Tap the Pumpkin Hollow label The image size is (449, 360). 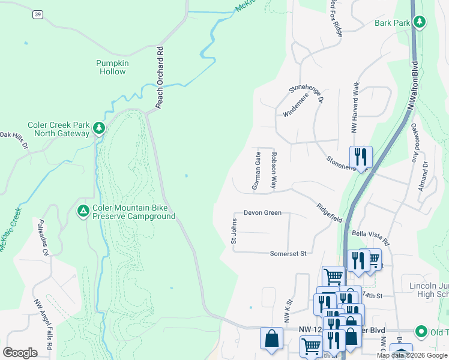111,67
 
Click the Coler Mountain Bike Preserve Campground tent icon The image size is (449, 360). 83,211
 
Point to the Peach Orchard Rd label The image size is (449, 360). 160,77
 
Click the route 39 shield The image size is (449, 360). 37,14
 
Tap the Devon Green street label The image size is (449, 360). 262,213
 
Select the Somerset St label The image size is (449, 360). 288,254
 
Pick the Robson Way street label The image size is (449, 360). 273,170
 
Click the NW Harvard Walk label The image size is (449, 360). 355,108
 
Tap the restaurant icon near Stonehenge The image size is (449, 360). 361,158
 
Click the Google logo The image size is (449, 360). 20,353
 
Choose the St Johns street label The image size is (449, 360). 234,231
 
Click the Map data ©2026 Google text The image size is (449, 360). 412,355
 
